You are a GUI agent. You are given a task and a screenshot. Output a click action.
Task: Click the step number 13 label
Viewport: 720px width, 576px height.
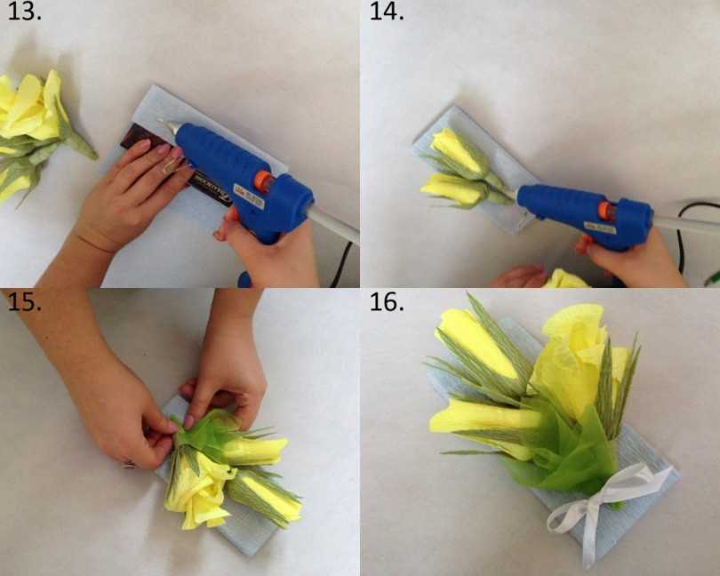23,13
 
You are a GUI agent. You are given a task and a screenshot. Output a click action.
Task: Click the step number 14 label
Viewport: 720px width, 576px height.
387,13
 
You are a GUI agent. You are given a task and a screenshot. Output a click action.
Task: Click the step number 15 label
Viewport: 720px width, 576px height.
23,301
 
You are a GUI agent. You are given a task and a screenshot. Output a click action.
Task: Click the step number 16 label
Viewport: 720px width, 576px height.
387,301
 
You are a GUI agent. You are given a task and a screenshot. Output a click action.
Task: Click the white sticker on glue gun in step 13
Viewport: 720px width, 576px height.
249,197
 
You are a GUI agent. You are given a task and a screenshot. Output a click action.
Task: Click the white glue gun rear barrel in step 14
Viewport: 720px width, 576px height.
684,223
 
